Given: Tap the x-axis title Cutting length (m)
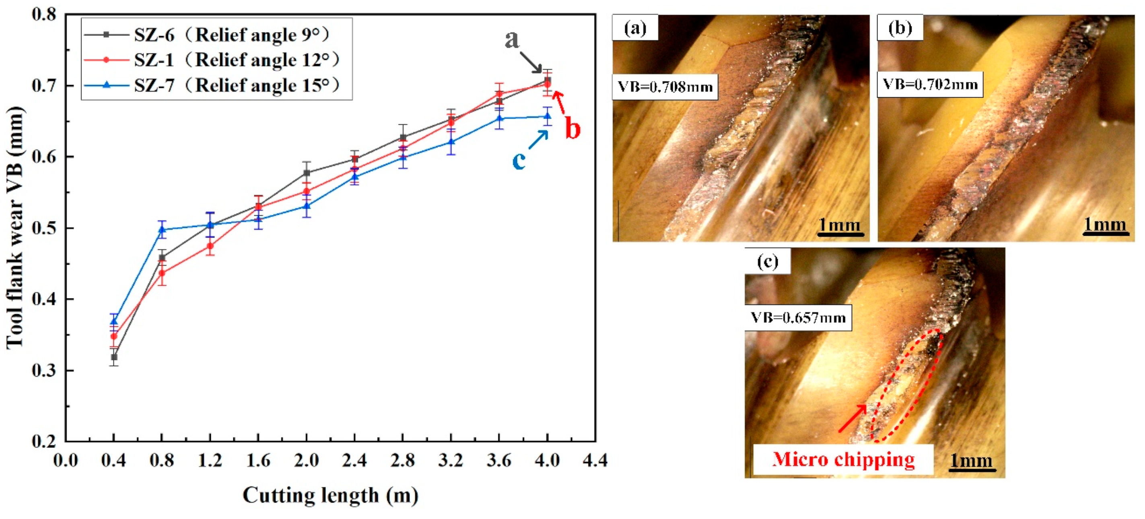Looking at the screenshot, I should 330,495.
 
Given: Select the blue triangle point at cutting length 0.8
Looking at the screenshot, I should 162,229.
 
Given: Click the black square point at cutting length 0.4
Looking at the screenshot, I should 114,357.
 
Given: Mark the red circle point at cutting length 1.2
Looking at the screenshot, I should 210,246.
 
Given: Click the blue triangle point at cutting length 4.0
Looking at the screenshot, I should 548,116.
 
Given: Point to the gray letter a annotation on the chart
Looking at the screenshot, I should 512,39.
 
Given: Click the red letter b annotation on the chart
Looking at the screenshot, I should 572,129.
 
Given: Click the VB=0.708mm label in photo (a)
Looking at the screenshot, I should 665,86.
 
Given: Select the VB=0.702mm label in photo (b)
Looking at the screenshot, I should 930,84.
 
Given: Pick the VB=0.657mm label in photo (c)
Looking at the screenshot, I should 798,317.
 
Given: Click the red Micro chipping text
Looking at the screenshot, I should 843,459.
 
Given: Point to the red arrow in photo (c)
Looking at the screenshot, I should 852,418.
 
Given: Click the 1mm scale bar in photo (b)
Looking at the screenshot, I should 1105,226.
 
